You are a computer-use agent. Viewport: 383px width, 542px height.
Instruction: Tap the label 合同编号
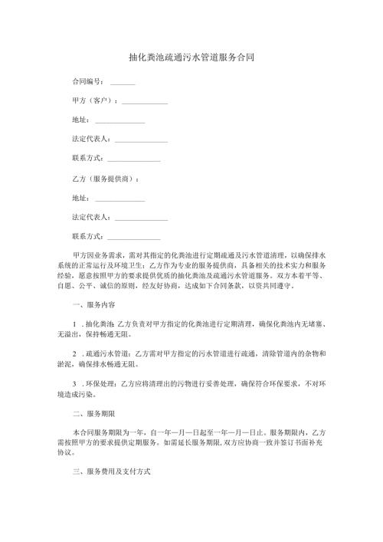[x=87, y=80]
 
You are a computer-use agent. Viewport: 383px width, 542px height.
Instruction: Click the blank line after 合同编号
[x=123, y=82]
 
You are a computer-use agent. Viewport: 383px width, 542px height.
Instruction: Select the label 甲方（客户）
[x=93, y=100]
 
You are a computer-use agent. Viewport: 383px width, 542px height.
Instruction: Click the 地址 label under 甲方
[x=80, y=120]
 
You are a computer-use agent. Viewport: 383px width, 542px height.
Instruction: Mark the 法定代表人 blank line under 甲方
[x=141, y=141]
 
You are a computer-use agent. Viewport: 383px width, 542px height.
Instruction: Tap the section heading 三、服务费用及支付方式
[x=112, y=472]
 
